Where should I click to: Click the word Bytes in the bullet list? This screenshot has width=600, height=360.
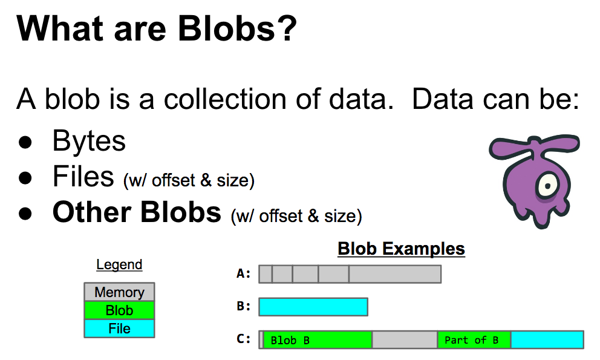[89, 142]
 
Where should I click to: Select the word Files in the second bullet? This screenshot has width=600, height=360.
[83, 177]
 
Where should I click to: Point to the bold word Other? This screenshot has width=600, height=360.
[92, 212]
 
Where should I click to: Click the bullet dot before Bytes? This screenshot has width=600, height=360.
[25, 142]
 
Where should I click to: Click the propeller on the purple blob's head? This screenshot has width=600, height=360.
[535, 146]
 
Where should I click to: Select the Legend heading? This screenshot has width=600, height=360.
[119, 264]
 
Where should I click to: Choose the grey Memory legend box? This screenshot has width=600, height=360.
[119, 292]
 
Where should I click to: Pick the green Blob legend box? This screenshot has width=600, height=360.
[119, 310]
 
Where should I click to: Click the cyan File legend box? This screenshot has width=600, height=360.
[119, 329]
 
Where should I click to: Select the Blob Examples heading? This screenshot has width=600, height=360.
[402, 249]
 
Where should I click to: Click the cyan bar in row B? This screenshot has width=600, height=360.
[313, 307]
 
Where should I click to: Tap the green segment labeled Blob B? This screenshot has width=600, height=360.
[318, 339]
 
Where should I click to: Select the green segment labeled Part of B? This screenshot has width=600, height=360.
[474, 339]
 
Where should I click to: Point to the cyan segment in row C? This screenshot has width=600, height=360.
[547, 339]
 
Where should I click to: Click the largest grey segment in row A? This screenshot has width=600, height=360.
[395, 274]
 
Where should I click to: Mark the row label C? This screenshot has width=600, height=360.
[244, 339]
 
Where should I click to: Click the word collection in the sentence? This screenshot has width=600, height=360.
[226, 99]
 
